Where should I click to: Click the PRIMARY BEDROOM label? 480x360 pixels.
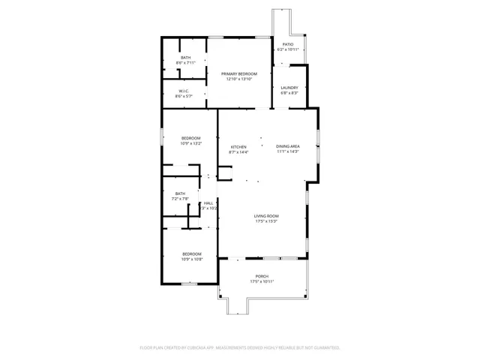238,73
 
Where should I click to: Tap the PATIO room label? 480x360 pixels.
288,45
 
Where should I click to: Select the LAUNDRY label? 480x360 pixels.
289,88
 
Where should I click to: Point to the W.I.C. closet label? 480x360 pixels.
183,91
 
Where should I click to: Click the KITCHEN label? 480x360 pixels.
238,147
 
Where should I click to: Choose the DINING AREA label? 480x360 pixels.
288,146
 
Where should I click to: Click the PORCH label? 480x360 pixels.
262,276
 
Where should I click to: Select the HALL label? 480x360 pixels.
208,202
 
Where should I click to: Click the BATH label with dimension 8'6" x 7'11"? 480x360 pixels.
185,58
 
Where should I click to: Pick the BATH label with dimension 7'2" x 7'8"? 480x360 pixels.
181,193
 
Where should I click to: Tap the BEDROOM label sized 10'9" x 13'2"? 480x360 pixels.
191,138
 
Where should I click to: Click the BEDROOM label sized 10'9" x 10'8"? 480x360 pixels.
192,254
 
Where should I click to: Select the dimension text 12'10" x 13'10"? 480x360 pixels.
238,79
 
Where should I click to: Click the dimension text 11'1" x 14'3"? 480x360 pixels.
288,151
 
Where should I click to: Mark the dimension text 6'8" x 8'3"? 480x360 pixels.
289,93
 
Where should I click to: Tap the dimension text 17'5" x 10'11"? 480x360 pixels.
262,281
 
